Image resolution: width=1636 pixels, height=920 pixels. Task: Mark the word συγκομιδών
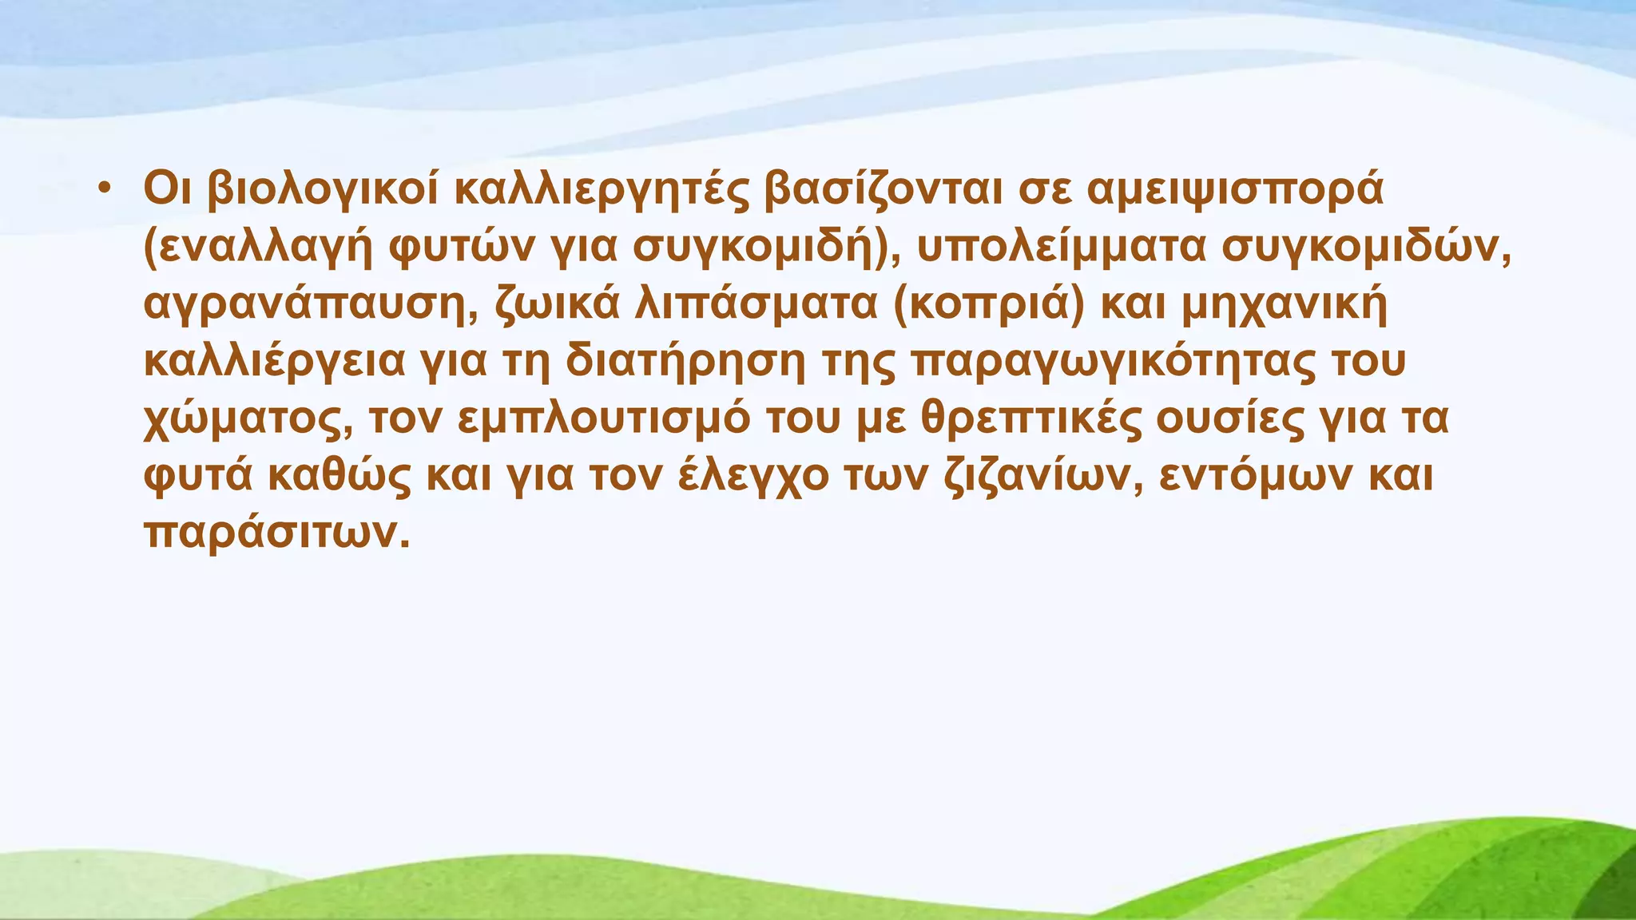[1365, 248]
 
